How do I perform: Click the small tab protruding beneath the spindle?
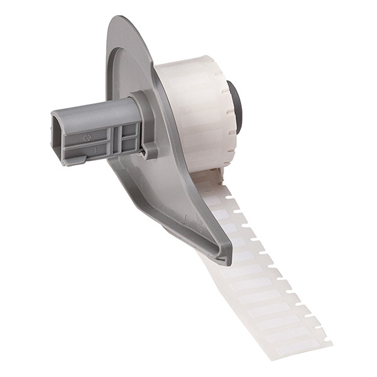pyautogui.click(x=74, y=160)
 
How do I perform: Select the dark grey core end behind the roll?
pyautogui.click(x=234, y=107)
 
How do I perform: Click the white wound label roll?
pyautogui.click(x=192, y=113)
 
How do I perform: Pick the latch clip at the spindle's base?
pyautogui.click(x=150, y=150)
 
